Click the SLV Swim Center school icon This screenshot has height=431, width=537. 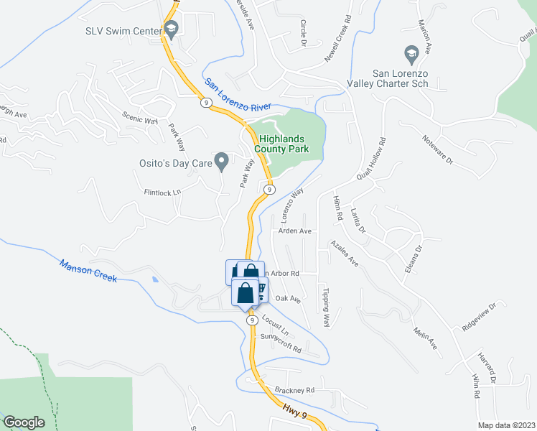[x=171, y=29]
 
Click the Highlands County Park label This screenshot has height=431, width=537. [x=284, y=144]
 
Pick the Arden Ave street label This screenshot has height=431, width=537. [x=294, y=231]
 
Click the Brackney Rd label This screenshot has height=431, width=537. [x=294, y=390]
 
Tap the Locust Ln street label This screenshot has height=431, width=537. [x=274, y=325]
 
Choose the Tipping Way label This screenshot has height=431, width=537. [x=326, y=308]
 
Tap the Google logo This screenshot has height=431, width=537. [x=24, y=422]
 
